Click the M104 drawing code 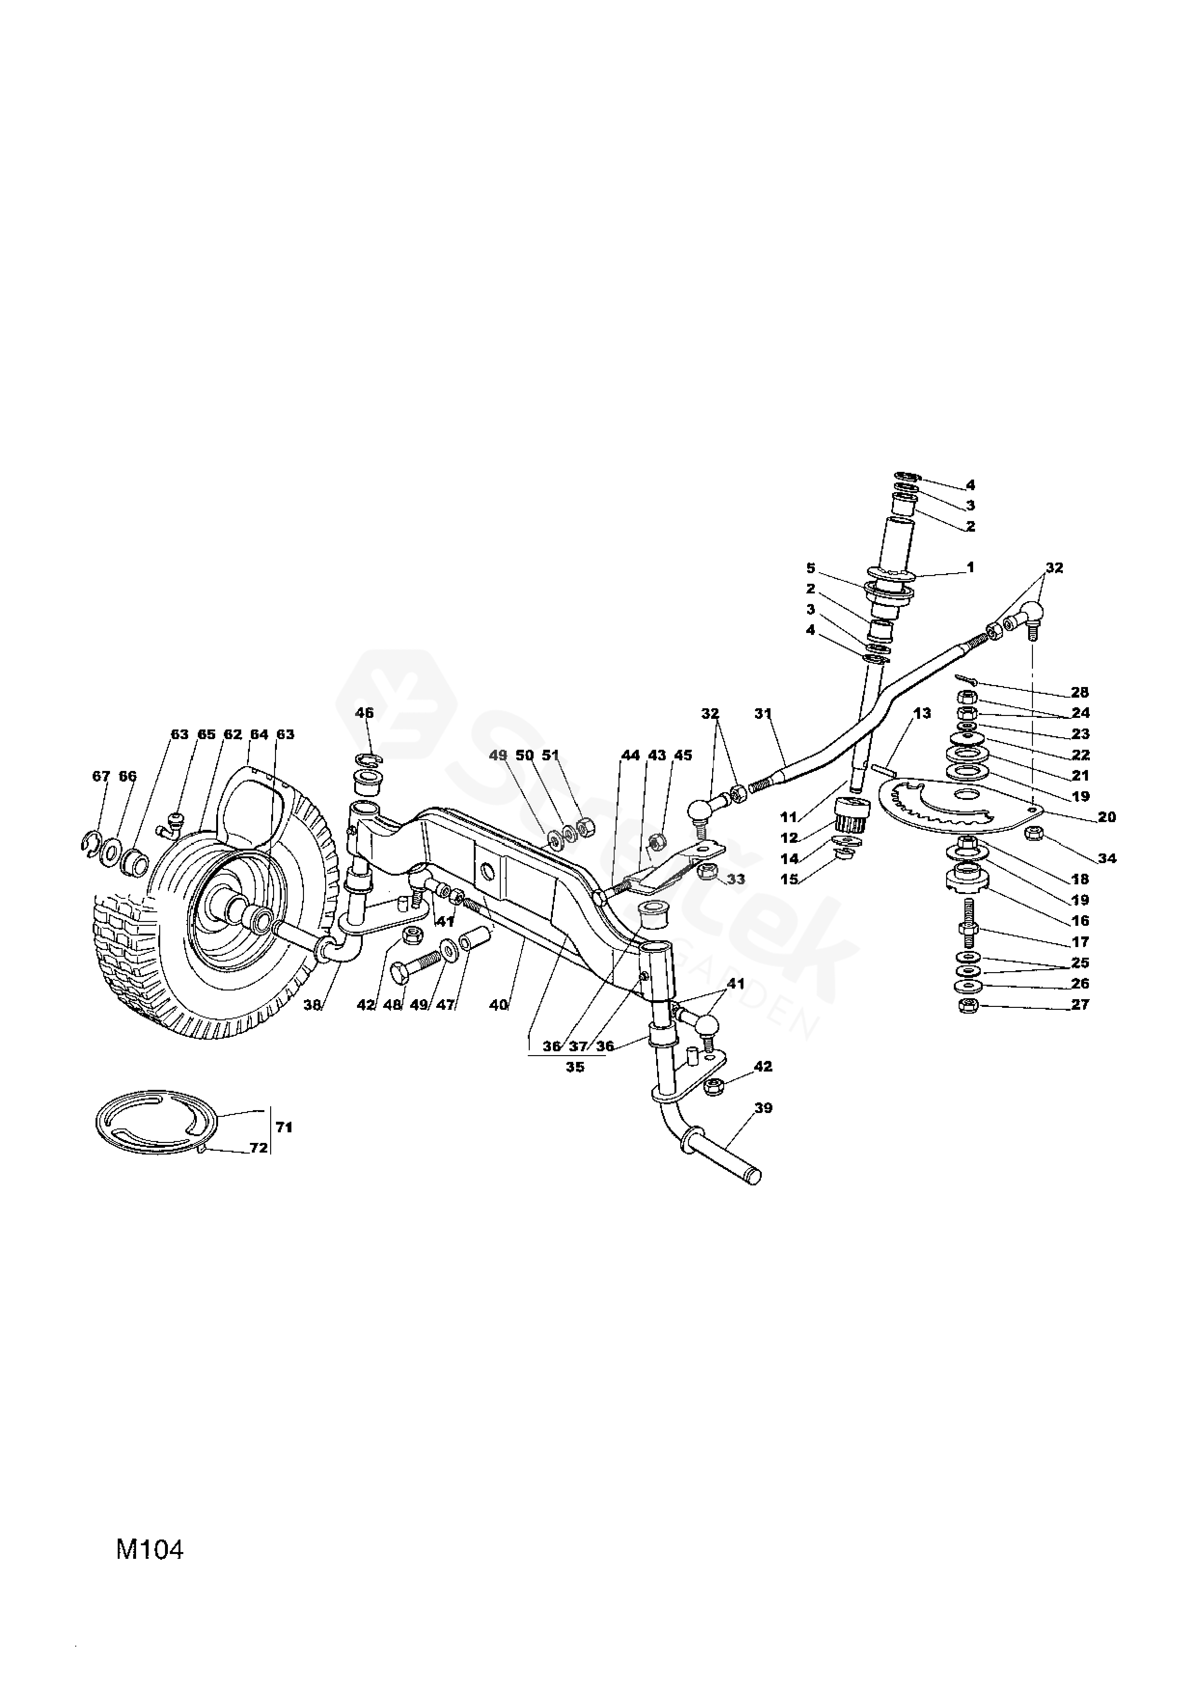(150, 1550)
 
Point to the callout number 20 (1106, 817)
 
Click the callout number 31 (763, 713)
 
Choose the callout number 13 (922, 713)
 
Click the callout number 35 (575, 1066)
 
